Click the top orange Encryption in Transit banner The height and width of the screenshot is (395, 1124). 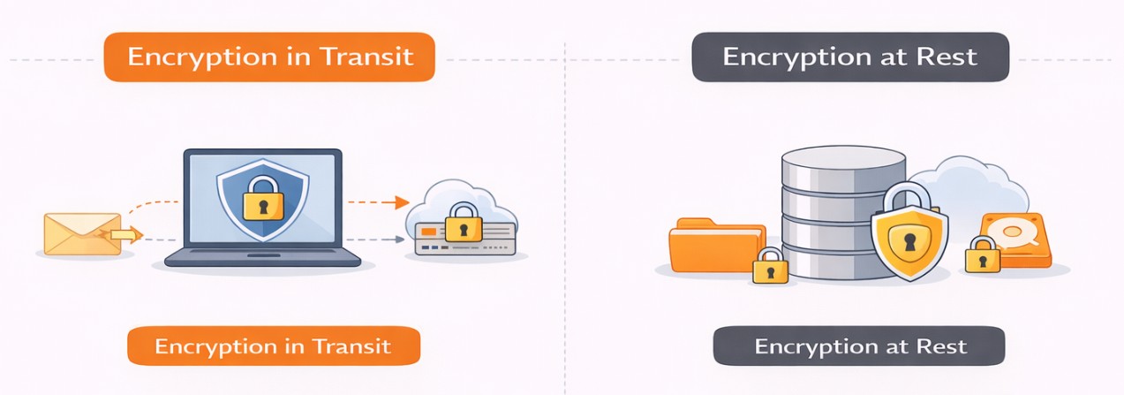(x=269, y=57)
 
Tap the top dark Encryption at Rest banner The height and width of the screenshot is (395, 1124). (x=849, y=57)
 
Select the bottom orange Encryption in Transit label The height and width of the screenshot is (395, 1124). (x=273, y=346)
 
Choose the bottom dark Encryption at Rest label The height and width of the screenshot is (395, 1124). (x=858, y=346)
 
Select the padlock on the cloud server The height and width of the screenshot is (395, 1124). (x=463, y=222)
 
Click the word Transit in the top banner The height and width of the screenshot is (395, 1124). (x=367, y=57)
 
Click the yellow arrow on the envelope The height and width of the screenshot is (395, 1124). (x=124, y=235)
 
